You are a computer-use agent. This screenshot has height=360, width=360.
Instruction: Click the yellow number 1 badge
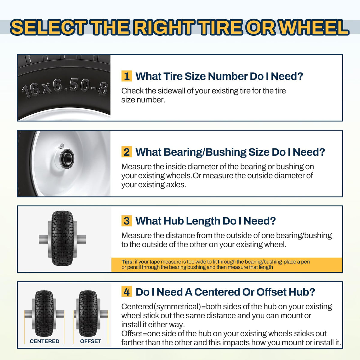pos(127,76)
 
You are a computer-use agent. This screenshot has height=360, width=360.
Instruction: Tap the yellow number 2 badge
pos(127,152)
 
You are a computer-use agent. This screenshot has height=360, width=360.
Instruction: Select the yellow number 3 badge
pos(127,220)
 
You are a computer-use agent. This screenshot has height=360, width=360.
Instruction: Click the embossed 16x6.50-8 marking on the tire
pos(64,89)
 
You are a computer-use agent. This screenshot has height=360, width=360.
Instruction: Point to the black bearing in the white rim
pos(67,159)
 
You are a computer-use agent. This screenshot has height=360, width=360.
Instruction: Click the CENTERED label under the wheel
pos(44,341)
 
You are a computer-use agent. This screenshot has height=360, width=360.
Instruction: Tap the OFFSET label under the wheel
pos(91,341)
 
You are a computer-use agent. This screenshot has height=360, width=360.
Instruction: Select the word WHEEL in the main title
pos(314,28)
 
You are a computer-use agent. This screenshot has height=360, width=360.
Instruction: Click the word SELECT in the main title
pos(48,28)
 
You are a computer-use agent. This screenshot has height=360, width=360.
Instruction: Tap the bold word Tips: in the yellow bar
pos(127,262)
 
